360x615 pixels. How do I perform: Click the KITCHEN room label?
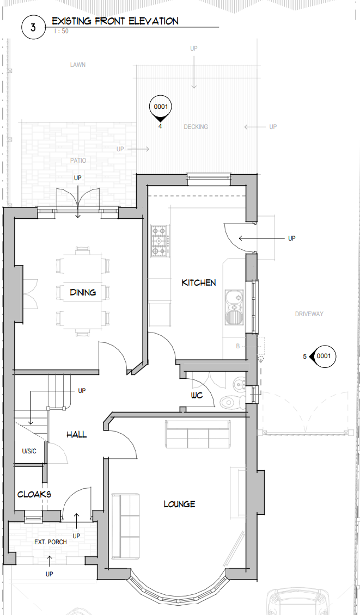(x=199, y=282)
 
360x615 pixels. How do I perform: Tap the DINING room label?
(x=83, y=292)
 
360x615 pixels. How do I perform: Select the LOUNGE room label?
(x=179, y=504)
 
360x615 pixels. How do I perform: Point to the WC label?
(x=197, y=395)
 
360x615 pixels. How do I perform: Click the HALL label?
(x=77, y=434)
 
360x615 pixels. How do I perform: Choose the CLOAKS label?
(x=34, y=494)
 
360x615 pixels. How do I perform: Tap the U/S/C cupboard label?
(x=29, y=451)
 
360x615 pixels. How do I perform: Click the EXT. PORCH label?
(x=51, y=542)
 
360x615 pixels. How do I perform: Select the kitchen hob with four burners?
(x=161, y=241)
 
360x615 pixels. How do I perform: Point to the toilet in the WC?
(x=233, y=401)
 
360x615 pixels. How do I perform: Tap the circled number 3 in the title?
(x=33, y=27)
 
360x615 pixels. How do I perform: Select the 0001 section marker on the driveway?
(x=323, y=356)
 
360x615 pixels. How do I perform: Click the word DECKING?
(x=196, y=127)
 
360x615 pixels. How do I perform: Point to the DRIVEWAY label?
(x=309, y=314)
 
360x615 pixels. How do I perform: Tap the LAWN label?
(x=78, y=65)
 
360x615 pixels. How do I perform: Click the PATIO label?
(x=78, y=161)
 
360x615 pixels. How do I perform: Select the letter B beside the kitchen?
(x=238, y=346)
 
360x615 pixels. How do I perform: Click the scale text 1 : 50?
(x=61, y=31)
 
